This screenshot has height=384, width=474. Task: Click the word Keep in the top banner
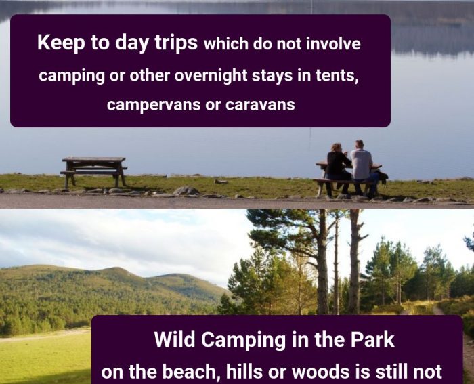(x=62, y=43)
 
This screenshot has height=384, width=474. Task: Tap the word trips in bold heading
(x=176, y=43)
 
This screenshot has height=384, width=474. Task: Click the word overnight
(x=211, y=76)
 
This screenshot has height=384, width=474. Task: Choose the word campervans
(x=154, y=105)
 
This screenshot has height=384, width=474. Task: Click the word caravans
(x=260, y=105)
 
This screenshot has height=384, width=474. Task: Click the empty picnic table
(x=93, y=171)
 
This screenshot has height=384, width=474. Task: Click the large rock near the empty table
(x=186, y=191)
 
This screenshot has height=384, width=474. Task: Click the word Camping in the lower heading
(x=243, y=340)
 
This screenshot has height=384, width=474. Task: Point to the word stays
(x=272, y=76)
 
